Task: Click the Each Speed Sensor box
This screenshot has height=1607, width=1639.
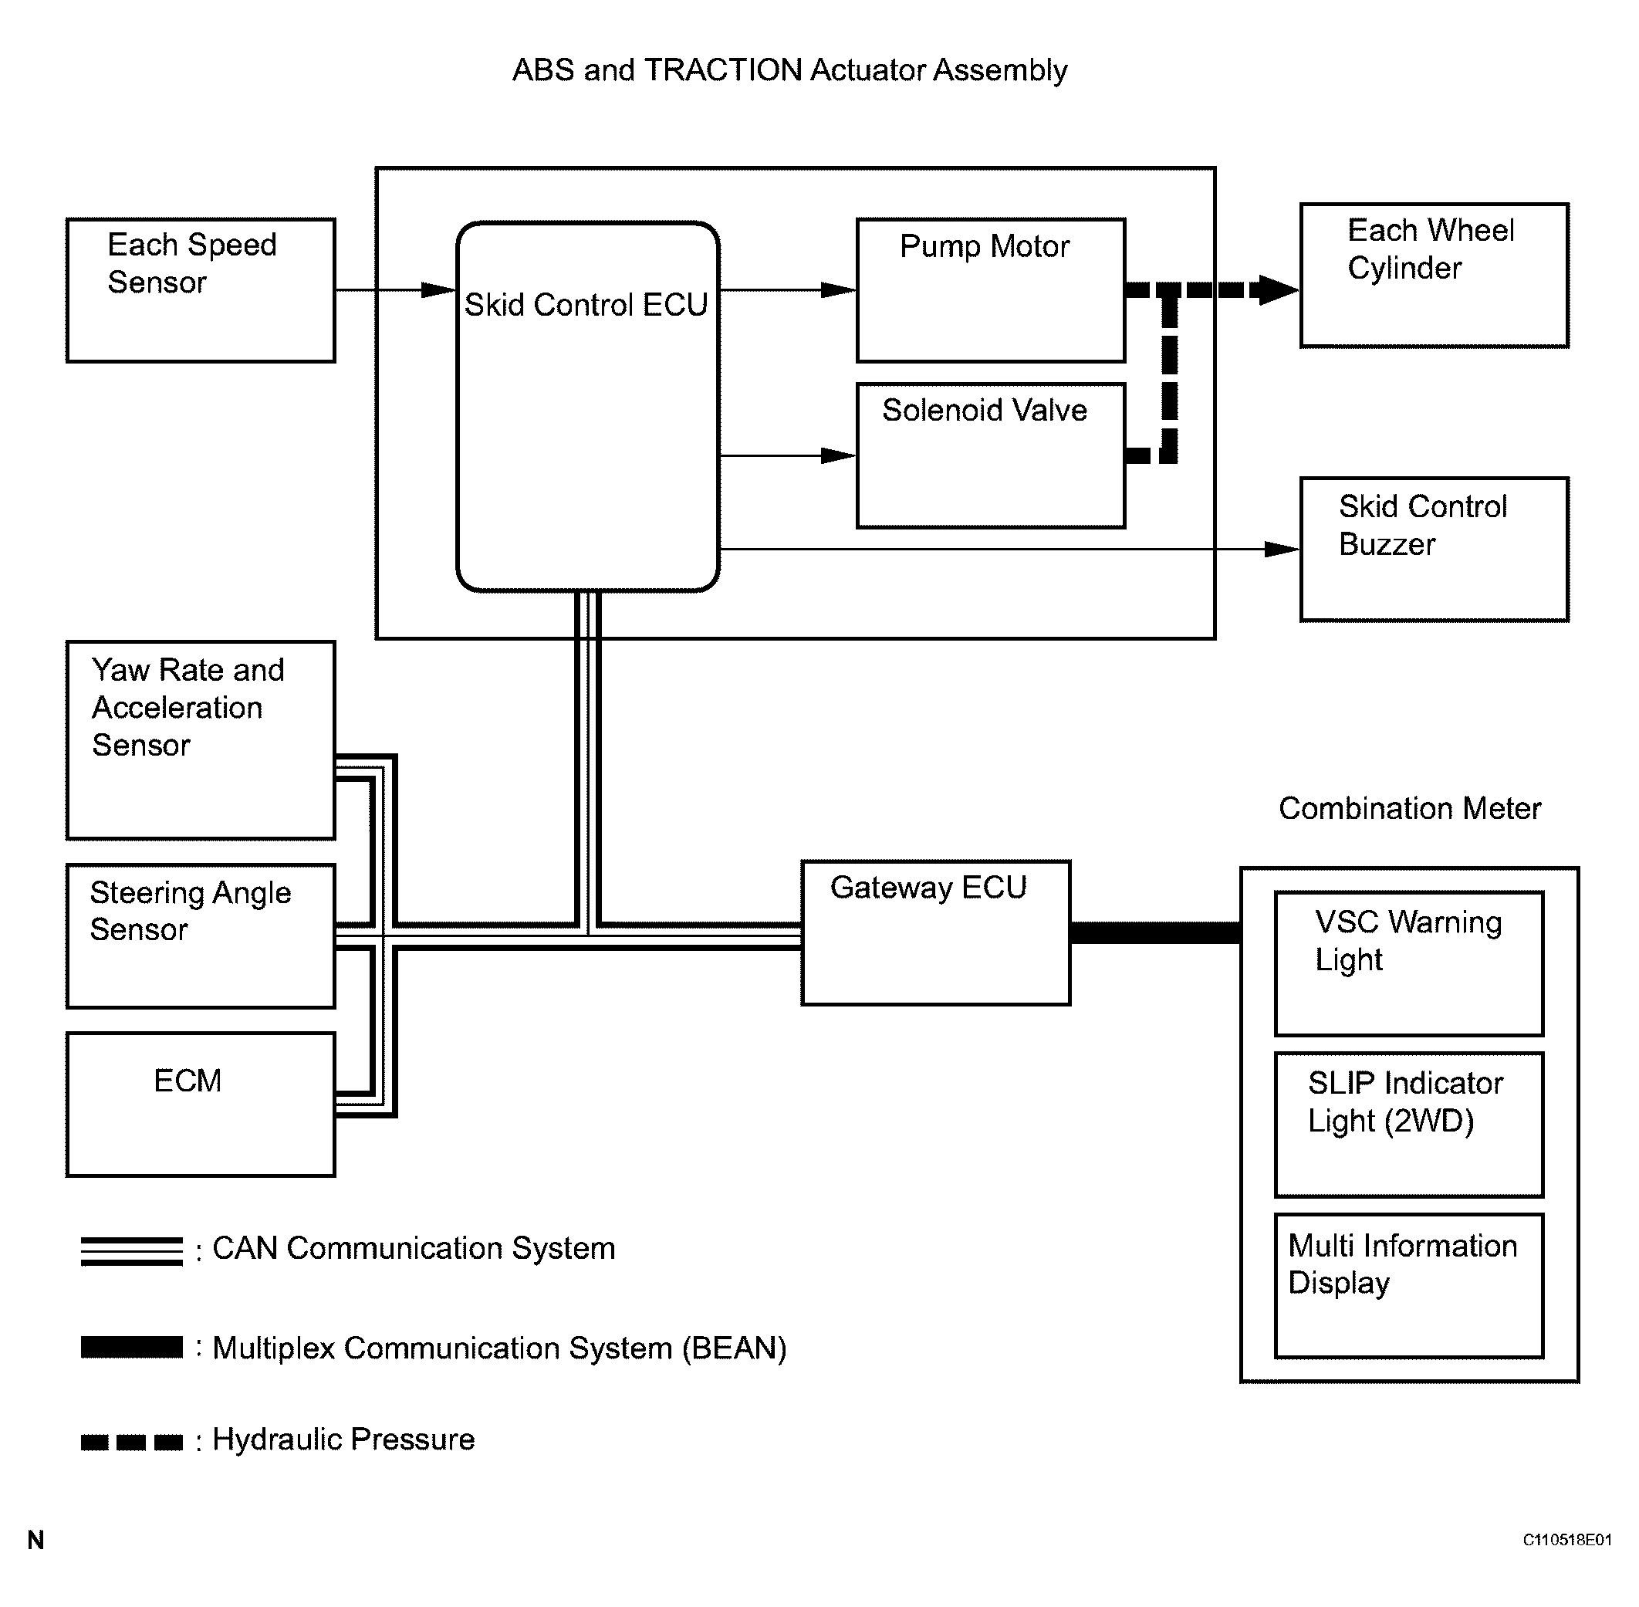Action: [x=201, y=290]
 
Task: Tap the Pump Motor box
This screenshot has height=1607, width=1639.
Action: [x=991, y=290]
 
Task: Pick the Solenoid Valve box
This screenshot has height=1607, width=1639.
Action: [x=991, y=455]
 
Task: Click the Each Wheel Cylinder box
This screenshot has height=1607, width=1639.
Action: [x=1434, y=275]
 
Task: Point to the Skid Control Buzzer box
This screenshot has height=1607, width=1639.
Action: [x=1434, y=550]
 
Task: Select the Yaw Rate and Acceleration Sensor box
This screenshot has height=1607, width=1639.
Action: [x=201, y=740]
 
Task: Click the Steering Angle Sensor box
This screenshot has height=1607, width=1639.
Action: [x=201, y=936]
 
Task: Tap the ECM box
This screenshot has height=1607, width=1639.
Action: [x=201, y=1104]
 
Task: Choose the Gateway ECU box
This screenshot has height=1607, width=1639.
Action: [x=936, y=932]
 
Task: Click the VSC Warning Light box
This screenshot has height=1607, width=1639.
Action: [x=1408, y=964]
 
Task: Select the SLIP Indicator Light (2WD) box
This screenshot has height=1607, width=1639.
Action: [x=1408, y=1125]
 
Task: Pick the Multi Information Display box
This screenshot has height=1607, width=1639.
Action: [x=1408, y=1285]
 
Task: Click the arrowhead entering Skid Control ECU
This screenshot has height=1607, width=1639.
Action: [x=439, y=290]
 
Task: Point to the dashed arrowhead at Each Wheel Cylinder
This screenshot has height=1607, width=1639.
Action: [x=1276, y=289]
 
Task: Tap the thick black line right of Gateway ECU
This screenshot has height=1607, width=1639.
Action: [x=1155, y=932]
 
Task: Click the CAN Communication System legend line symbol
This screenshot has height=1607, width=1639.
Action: [x=132, y=1251]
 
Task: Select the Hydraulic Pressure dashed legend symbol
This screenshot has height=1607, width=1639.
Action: [x=132, y=1442]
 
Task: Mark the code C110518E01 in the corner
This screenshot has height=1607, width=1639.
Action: [x=1566, y=1541]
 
